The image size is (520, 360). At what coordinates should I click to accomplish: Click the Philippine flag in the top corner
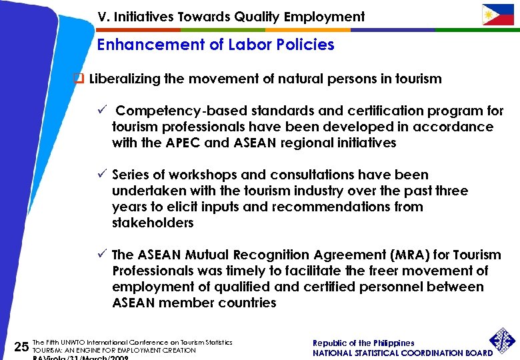coord(498,14)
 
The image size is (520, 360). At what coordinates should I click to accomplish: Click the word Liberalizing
coord(125,79)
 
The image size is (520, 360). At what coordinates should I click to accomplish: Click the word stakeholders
coord(153,223)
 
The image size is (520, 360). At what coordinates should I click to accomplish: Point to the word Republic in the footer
coord(330,343)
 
